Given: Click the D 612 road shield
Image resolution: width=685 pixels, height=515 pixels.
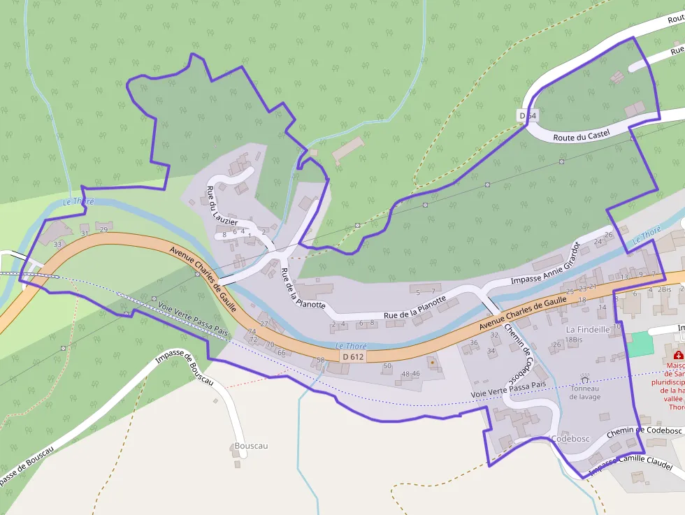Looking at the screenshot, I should (353, 356).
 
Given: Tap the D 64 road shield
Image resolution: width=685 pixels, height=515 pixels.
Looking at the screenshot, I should (528, 115).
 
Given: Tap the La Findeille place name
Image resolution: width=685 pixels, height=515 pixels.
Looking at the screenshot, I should (588, 328).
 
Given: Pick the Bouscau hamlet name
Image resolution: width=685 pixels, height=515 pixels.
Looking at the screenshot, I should (251, 446).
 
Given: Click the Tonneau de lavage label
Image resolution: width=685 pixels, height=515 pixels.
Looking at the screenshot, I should (585, 393).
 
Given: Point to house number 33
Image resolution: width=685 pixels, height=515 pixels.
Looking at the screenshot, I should (57, 244).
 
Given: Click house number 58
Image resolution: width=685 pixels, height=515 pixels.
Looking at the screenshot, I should (321, 360).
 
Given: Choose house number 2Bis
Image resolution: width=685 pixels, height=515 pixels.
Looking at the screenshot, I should (663, 289).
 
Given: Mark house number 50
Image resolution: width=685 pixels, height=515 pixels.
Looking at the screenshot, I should (387, 365).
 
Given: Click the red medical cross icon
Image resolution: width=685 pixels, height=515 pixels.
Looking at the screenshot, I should (678, 355).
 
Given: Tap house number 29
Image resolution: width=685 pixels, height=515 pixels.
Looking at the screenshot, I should (103, 229).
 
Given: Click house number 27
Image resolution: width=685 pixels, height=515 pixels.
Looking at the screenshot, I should (264, 324).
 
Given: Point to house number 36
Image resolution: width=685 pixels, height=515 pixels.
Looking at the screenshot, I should (474, 342).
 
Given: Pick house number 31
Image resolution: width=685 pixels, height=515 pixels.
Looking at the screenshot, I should (85, 233).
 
